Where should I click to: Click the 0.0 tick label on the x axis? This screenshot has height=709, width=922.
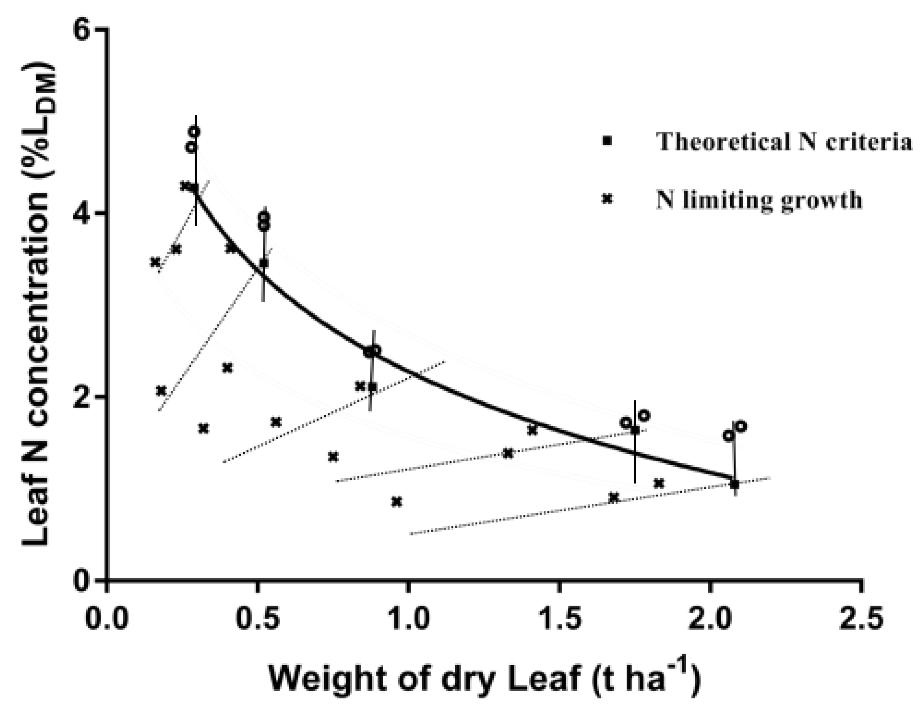point(106,619)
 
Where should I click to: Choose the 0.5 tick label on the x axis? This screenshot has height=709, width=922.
point(257,619)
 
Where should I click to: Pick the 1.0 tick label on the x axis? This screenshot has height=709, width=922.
point(408,619)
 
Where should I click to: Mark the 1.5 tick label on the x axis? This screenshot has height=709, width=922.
point(559,619)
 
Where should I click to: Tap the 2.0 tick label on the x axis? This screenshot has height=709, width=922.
point(710,619)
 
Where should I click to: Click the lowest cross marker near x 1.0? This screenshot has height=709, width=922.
point(396,502)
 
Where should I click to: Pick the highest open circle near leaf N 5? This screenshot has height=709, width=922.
point(194,132)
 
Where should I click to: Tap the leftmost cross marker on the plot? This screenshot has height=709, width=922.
point(155,262)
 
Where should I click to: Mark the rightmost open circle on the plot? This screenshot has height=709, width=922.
point(741,426)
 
